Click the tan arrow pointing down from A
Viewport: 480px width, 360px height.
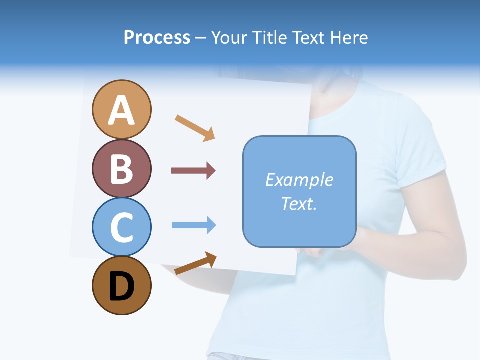195,127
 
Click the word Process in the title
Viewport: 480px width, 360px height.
157,37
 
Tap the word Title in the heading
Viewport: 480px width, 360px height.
268,37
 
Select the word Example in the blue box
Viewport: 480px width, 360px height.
299,180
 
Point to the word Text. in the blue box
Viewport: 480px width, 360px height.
299,203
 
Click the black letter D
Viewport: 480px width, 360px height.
121,286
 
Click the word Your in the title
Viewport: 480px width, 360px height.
229,37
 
